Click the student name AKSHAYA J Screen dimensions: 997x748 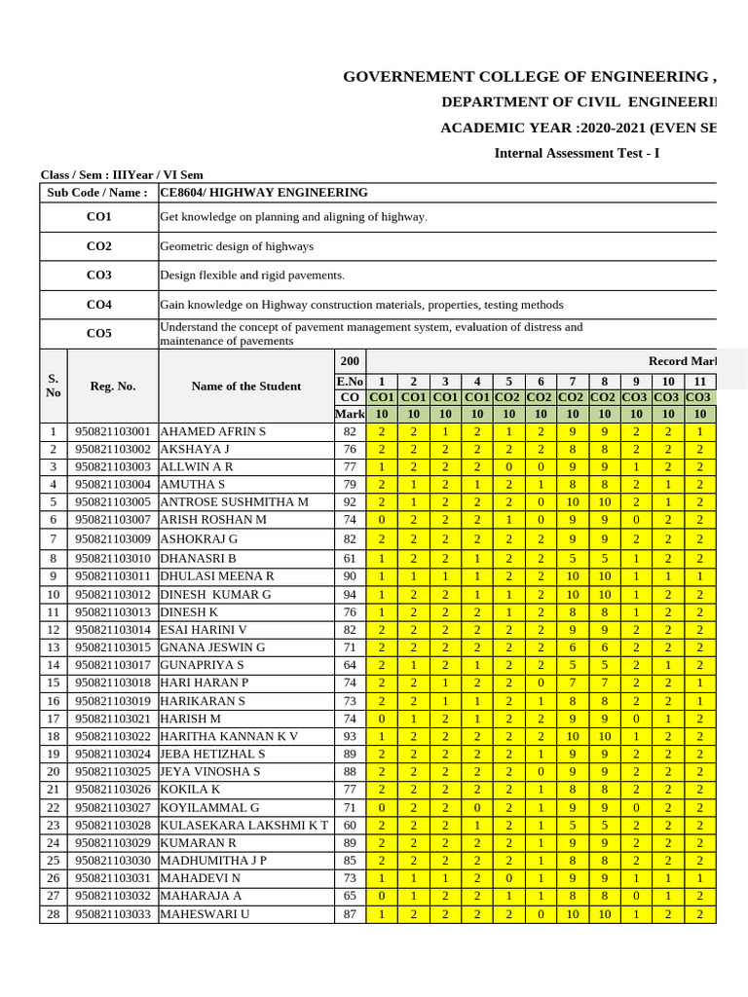(196, 449)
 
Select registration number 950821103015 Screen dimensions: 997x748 (113, 647)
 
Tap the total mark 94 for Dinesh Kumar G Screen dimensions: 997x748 (350, 594)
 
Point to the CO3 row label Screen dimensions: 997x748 (98, 276)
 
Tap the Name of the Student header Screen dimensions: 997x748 (246, 387)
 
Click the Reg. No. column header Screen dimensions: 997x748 (113, 387)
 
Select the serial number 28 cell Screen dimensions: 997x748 (54, 914)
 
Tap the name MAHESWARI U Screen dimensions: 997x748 (206, 914)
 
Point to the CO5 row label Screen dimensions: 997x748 (98, 334)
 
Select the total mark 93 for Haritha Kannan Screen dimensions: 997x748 (350, 735)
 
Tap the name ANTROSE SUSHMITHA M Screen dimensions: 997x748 (235, 501)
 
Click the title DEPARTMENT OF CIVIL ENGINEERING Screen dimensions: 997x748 (579, 102)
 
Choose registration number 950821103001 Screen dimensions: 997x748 (113, 431)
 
